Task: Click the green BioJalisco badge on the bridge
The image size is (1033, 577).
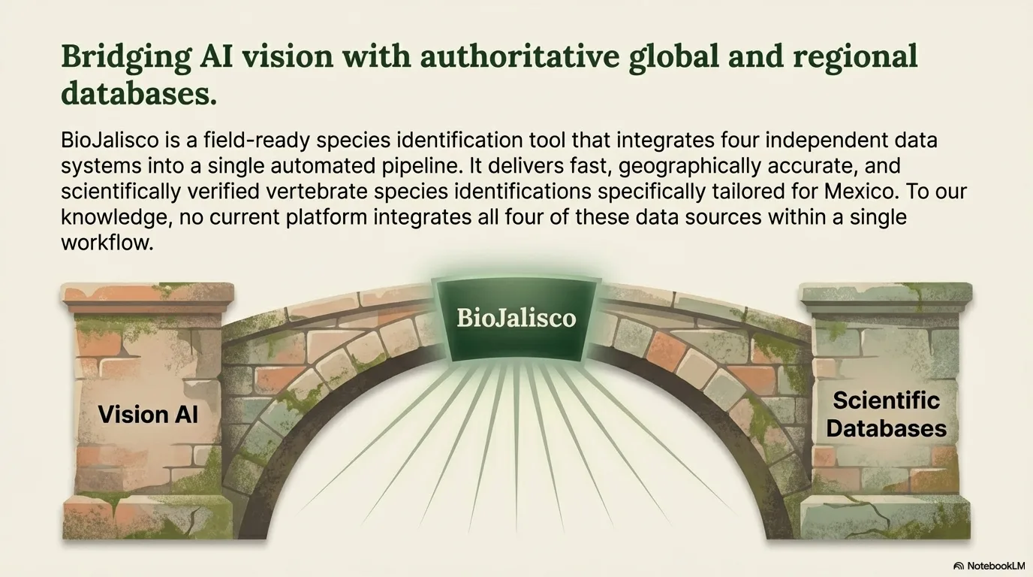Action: [516, 317]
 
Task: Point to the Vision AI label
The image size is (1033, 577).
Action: [148, 414]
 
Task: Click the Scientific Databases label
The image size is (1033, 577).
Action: [886, 414]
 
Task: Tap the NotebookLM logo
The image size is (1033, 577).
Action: [989, 566]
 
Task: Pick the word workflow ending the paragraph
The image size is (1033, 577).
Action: [107, 243]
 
